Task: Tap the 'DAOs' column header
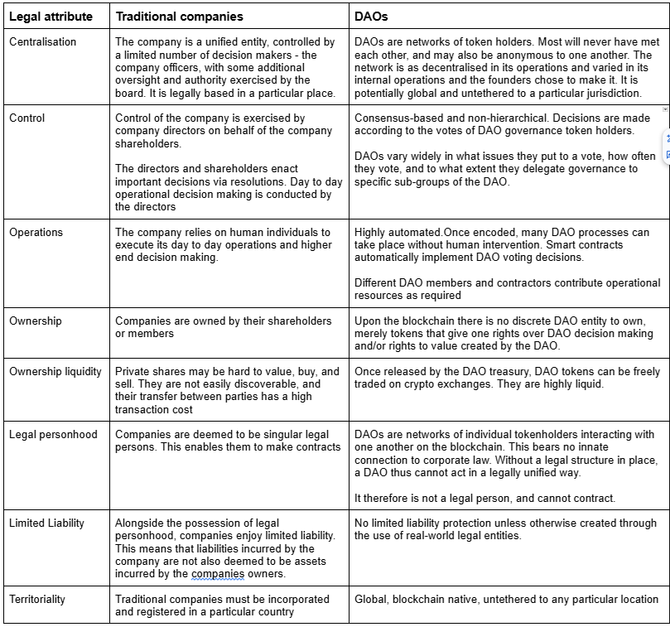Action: [371, 16]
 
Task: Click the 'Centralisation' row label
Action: [42, 42]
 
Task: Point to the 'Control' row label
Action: [27, 118]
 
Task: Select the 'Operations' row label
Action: [36, 233]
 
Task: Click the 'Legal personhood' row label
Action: [53, 435]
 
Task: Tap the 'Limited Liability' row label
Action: [47, 523]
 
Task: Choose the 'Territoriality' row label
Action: [37, 599]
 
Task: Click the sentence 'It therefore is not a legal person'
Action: [484, 498]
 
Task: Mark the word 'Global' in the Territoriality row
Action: [370, 599]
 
